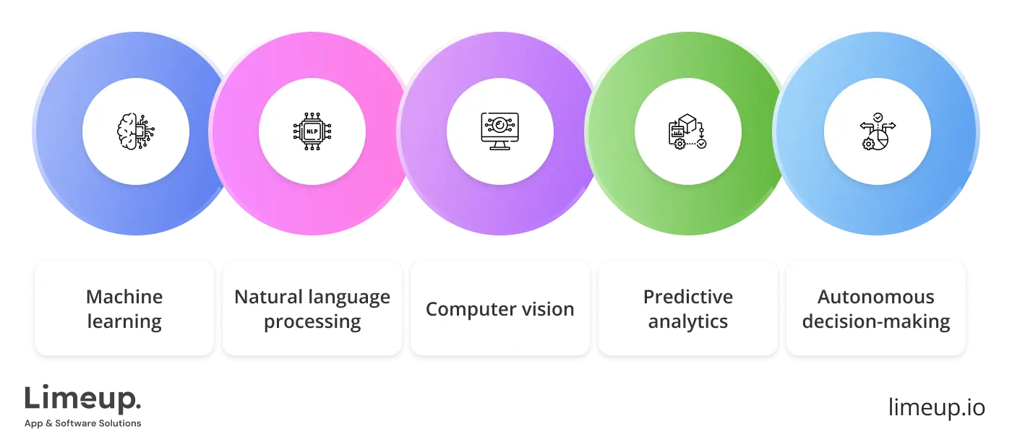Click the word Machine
124,297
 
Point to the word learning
124,321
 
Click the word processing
312,321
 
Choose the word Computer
470,309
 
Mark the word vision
547,309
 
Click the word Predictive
687,297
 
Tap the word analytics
687,321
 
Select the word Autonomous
875,297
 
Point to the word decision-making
875,321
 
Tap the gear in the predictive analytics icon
679,144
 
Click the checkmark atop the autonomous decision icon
877,116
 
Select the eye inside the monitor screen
499,126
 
